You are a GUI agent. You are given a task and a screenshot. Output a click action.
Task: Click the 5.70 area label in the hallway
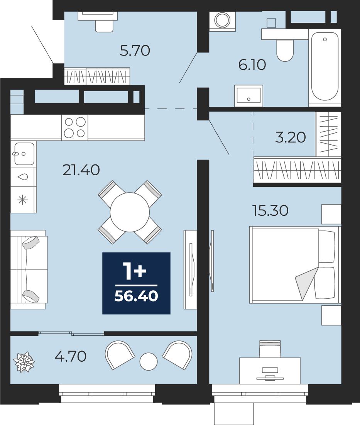pyautogui.click(x=135, y=51)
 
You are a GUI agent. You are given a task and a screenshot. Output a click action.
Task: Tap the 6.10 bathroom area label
pyautogui.click(x=252, y=65)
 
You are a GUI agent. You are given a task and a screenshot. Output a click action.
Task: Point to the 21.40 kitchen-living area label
pyautogui.click(x=81, y=170)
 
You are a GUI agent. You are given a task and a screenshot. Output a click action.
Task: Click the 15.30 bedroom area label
pyautogui.click(x=270, y=211)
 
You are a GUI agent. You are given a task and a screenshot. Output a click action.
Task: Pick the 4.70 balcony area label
pyautogui.click(x=71, y=356)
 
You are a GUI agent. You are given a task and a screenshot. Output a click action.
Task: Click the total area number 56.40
pyautogui.click(x=136, y=296)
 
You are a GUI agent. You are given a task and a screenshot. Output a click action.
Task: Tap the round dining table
pyautogui.click(x=130, y=212)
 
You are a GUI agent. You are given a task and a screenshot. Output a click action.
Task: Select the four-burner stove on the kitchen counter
pyautogui.click(x=75, y=127)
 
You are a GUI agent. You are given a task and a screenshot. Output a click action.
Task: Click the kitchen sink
pyautogui.click(x=24, y=154)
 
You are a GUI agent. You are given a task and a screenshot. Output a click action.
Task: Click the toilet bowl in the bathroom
pyautogui.click(x=285, y=51)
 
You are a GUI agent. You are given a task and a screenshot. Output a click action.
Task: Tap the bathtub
pyautogui.click(x=325, y=66)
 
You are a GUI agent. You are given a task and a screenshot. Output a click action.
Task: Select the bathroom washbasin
pyautogui.click(x=248, y=95)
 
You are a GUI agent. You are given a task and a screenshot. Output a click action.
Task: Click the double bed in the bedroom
pyautogui.click(x=295, y=265)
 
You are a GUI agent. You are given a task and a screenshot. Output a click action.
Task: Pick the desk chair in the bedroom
pyautogui.click(x=270, y=349)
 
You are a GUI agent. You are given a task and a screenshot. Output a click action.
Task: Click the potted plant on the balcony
pyautogui.click(x=24, y=362)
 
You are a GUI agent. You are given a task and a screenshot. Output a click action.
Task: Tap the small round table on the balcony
pyautogui.click(x=149, y=362)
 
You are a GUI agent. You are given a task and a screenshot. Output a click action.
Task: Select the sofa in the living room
pyautogui.click(x=29, y=270)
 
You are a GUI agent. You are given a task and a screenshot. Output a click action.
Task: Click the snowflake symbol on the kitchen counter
pyautogui.click(x=22, y=200)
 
